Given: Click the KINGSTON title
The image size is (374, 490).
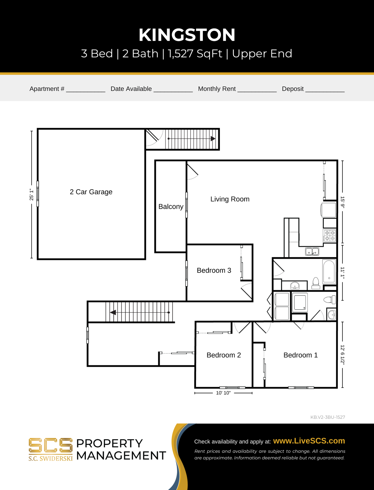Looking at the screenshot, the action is [187, 35].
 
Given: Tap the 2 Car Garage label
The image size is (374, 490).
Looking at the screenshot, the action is [91, 192].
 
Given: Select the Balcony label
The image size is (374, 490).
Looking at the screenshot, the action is [171, 206].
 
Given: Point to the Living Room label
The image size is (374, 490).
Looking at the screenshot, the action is [230, 199].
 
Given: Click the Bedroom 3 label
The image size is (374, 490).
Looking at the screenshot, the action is [214, 270].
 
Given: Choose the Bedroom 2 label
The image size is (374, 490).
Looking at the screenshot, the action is [223, 355].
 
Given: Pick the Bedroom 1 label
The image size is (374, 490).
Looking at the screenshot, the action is [300, 355].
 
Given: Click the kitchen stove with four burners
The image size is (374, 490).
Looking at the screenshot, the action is [330, 236].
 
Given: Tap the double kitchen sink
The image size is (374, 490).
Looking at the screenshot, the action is [312, 252].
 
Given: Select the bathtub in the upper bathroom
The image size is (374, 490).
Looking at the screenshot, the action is [329, 272].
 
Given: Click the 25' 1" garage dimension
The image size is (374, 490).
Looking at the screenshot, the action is [31, 195].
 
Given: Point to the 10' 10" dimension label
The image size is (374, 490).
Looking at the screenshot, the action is [223, 393].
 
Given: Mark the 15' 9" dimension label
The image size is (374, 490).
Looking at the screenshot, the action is [343, 202].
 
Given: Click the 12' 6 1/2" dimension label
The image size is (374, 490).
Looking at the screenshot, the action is [343, 355].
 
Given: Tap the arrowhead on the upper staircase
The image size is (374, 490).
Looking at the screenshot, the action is [213, 139].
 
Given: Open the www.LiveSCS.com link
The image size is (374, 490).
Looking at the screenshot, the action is [309, 441].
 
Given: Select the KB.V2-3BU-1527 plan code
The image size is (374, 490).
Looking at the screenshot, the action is [328, 417].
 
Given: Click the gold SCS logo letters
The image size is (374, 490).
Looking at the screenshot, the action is [50, 445].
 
